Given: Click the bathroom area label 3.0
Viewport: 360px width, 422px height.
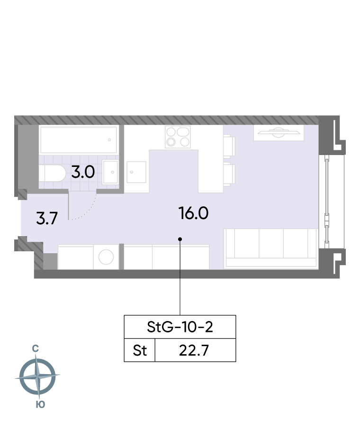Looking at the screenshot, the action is click(83, 172).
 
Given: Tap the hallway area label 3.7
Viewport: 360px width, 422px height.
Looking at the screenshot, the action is click(47, 218).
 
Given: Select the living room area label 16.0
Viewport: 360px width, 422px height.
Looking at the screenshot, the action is click(194, 213).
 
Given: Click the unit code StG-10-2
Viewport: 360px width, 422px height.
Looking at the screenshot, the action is click(180, 327).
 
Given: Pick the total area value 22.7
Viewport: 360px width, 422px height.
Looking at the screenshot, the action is click(194, 350).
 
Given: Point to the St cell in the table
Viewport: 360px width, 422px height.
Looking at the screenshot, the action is click(140, 350).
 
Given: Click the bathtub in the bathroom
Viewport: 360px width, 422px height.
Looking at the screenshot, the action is click(78, 139).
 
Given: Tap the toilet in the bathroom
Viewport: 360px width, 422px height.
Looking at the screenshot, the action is click(52, 174).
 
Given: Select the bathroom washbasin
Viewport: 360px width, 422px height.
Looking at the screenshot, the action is click(110, 172).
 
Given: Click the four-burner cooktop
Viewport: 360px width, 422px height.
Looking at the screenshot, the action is click(178, 137).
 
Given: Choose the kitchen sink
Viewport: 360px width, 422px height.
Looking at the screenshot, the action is click(136, 172).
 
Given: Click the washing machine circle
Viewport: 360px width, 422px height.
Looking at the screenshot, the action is click(106, 257).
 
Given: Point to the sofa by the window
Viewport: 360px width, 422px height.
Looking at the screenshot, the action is click(271, 248).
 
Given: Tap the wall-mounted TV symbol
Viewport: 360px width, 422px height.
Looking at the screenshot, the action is click(279, 132).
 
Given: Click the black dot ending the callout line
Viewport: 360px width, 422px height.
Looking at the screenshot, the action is click(180, 239).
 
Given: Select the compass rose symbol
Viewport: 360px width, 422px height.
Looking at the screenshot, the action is click(37, 376).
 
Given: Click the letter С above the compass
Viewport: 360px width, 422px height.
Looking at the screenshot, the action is click(35, 349).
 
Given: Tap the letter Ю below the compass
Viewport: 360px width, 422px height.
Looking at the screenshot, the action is click(40, 404).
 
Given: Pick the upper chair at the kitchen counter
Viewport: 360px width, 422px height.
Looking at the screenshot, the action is click(229, 147).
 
